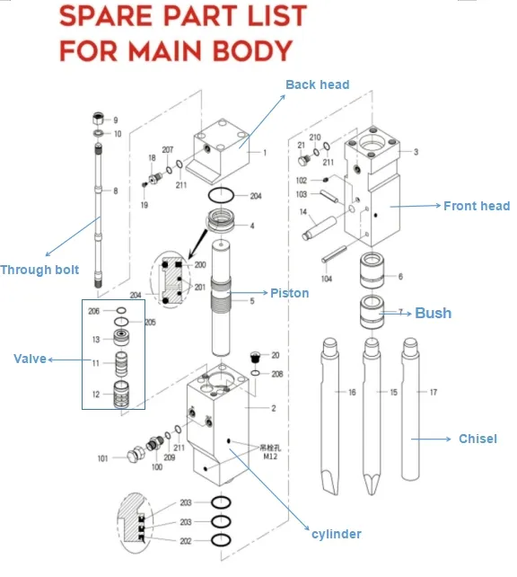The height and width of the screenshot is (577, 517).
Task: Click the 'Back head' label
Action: click(x=317, y=84)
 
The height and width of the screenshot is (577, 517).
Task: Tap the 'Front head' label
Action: click(x=476, y=206)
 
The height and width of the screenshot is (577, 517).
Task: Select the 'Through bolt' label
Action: click(x=39, y=270)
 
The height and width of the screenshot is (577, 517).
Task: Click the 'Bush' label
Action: click(x=433, y=314)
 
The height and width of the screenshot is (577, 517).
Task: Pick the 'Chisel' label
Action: click(x=478, y=439)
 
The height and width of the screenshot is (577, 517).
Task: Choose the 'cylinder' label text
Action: click(x=336, y=534)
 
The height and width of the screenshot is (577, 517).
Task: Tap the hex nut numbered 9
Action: click(x=98, y=119)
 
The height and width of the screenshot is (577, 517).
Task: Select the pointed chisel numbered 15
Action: click(x=370, y=413)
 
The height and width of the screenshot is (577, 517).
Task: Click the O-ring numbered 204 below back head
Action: click(x=223, y=195)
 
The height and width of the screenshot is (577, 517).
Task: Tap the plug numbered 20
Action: click(x=254, y=356)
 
